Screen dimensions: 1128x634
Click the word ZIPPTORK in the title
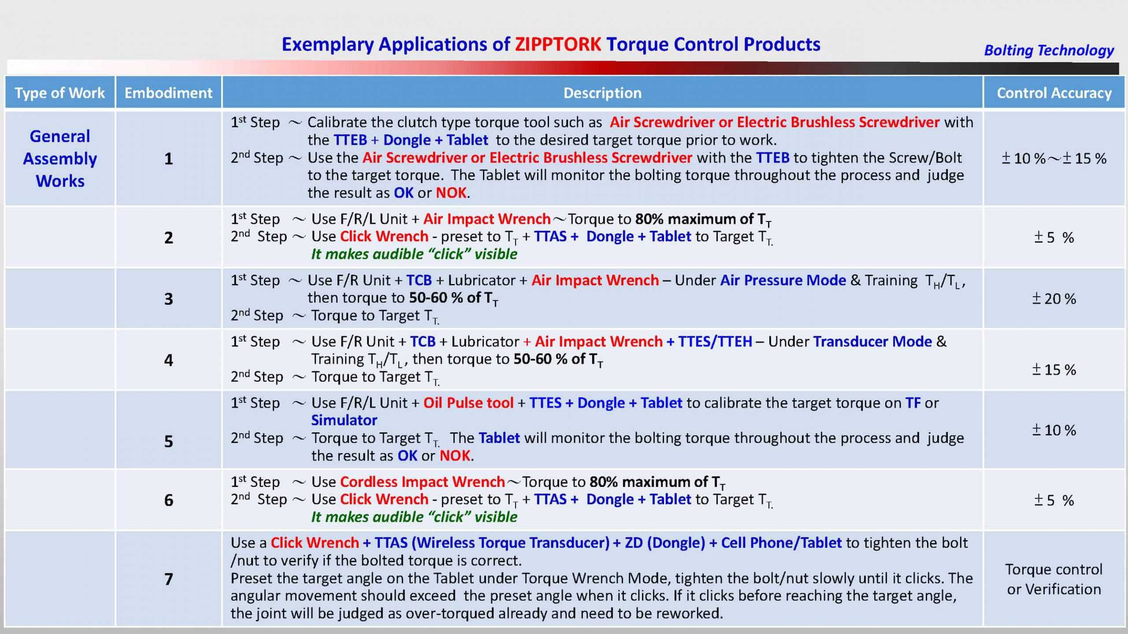[x=558, y=44]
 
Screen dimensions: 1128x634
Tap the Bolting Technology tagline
[x=1049, y=51]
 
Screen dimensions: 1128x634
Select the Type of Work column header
[x=60, y=93]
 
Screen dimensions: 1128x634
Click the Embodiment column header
[x=168, y=93]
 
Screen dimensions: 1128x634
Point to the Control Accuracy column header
[x=1054, y=93]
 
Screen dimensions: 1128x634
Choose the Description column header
[x=602, y=93]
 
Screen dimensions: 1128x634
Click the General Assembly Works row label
[x=60, y=158]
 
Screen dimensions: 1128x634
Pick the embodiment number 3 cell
[x=169, y=299]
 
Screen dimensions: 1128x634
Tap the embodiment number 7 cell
[x=169, y=579]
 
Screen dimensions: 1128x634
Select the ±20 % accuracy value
[x=1054, y=299]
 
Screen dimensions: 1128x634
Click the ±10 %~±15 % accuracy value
[x=1054, y=158]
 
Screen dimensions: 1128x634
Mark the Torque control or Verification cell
[x=1054, y=579]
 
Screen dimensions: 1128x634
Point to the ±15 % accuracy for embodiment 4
[x=1054, y=370]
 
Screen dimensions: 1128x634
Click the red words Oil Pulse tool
[x=468, y=403]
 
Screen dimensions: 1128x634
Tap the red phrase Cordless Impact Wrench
[x=422, y=482]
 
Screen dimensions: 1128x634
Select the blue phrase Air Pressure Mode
[x=783, y=280]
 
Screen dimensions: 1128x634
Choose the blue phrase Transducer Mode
[x=872, y=342]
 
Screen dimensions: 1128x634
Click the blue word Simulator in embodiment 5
[x=344, y=420]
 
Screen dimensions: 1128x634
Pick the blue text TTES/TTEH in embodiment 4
[x=715, y=342]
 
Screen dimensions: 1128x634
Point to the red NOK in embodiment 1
[x=451, y=193]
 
